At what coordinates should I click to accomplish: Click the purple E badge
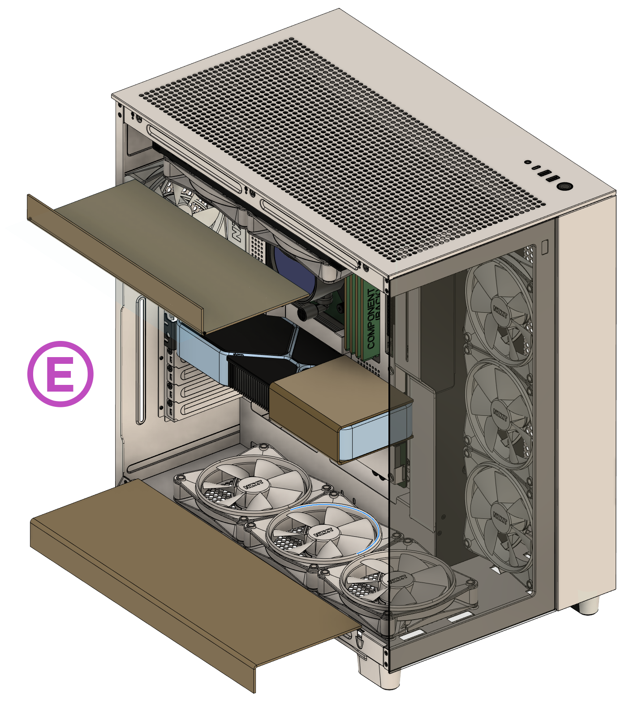tap(61, 374)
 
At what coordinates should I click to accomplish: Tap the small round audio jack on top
tap(528, 162)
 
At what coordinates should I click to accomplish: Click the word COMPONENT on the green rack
tap(371, 319)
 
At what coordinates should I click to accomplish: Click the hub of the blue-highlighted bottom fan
tap(323, 533)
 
